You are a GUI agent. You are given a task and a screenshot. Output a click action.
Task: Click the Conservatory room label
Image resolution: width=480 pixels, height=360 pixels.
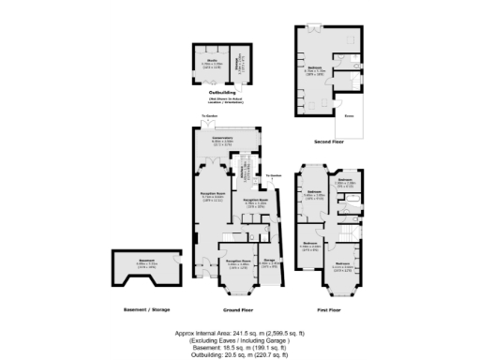pos(222,138)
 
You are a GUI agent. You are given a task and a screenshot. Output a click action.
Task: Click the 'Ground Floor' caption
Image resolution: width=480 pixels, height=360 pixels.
pos(239,308)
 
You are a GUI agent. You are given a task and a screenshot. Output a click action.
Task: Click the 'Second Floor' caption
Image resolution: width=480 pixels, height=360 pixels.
pos(330,142)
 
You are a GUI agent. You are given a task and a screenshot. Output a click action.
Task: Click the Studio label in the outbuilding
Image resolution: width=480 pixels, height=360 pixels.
pos(211,63)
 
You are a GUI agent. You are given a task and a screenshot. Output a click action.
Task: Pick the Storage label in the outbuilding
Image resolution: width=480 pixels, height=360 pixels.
pos(241,63)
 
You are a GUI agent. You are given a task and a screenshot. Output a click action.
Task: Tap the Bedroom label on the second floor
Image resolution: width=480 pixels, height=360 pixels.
pos(311,69)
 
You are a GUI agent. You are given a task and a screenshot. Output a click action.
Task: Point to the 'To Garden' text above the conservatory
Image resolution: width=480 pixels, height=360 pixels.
pos(207,116)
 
